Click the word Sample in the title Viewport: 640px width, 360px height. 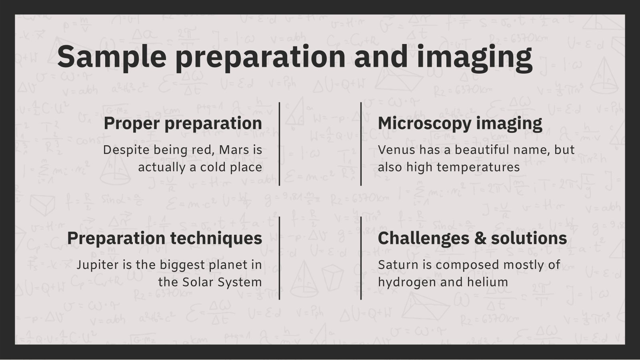pyautogui.click(x=112, y=56)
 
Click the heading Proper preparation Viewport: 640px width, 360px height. pyautogui.click(x=183, y=124)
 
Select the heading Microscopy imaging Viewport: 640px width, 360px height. pyautogui.click(x=460, y=124)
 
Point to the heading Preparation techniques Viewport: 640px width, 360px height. pyautogui.click(x=164, y=238)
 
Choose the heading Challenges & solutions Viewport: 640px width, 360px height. pyautogui.click(x=472, y=238)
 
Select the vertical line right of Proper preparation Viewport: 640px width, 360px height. pyautogui.click(x=280, y=144)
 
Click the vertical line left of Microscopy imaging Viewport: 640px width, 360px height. pyautogui.click(x=361, y=144)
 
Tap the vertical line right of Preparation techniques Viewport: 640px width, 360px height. pyautogui.click(x=280, y=258)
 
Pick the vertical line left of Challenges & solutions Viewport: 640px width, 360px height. pyautogui.click(x=361, y=258)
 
